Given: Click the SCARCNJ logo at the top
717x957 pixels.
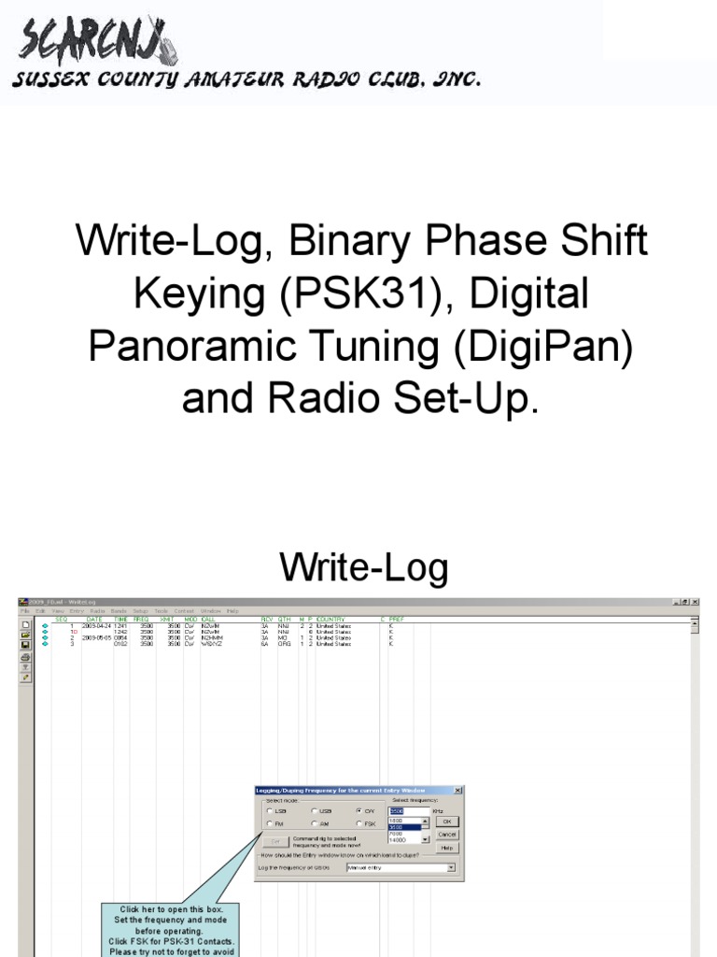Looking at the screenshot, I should tap(92, 43).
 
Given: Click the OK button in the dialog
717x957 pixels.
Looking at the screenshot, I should tap(446, 821).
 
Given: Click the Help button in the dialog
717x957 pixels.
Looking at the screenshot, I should tap(446, 848).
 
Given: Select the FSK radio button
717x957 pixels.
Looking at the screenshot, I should tap(359, 823).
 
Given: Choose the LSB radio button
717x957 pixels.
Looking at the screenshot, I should tap(271, 810).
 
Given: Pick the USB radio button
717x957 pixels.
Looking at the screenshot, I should tap(315, 810).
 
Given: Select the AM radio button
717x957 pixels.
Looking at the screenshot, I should tap(315, 823).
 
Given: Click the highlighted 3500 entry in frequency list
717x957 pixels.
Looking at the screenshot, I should tap(402, 827).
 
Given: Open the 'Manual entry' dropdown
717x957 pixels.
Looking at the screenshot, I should tap(452, 867).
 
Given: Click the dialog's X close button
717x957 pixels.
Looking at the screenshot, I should tap(457, 790).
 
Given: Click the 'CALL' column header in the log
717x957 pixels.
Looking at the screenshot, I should tap(207, 619).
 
